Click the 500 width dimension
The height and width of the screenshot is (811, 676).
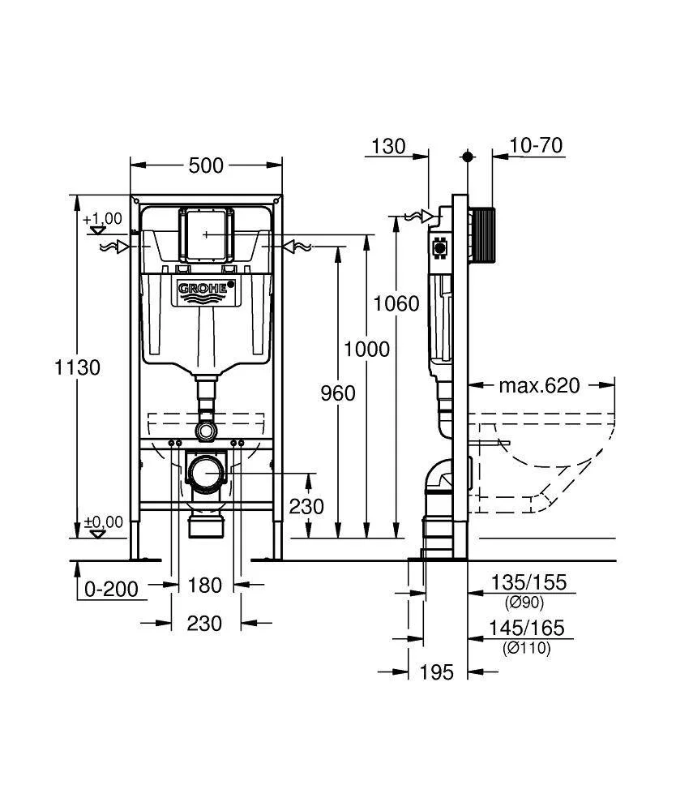pyautogui.click(x=206, y=165)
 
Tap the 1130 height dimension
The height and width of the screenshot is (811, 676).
pyautogui.click(x=77, y=367)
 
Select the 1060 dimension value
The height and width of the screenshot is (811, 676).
pyautogui.click(x=396, y=303)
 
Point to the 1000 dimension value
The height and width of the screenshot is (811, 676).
pyautogui.click(x=366, y=350)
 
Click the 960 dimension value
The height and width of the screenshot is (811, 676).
pyautogui.click(x=338, y=393)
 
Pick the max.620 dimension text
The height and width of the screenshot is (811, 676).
pyautogui.click(x=539, y=385)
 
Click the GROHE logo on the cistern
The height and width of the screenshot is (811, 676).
pyautogui.click(x=206, y=290)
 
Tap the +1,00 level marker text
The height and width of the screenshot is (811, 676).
pyautogui.click(x=102, y=218)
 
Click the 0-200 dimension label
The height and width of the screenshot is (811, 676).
pyautogui.click(x=112, y=589)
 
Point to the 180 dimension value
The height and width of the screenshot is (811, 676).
pyautogui.click(x=206, y=585)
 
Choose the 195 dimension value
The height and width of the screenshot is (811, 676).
pyautogui.click(x=437, y=672)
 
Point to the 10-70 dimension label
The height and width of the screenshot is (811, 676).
pyautogui.click(x=536, y=145)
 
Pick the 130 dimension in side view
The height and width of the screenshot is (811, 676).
pyautogui.click(x=388, y=146)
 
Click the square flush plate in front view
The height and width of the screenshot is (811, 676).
pyautogui.click(x=207, y=234)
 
